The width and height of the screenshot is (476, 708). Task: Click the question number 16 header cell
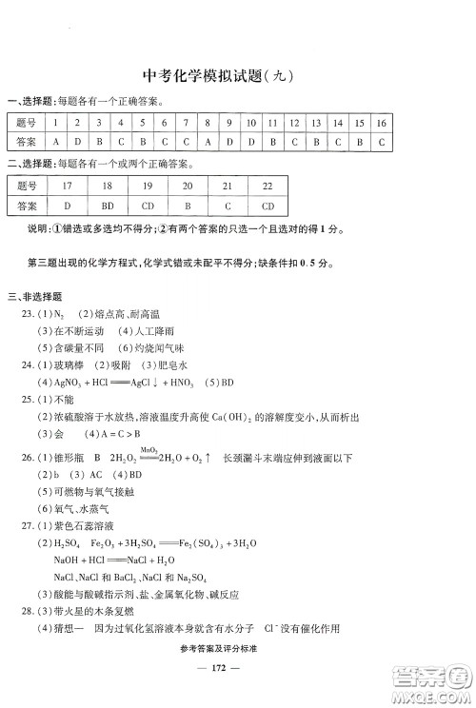pyautogui.click(x=381, y=123)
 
